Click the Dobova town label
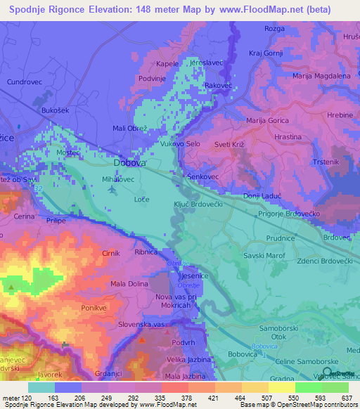(130, 163)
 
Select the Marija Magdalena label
(321, 76)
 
